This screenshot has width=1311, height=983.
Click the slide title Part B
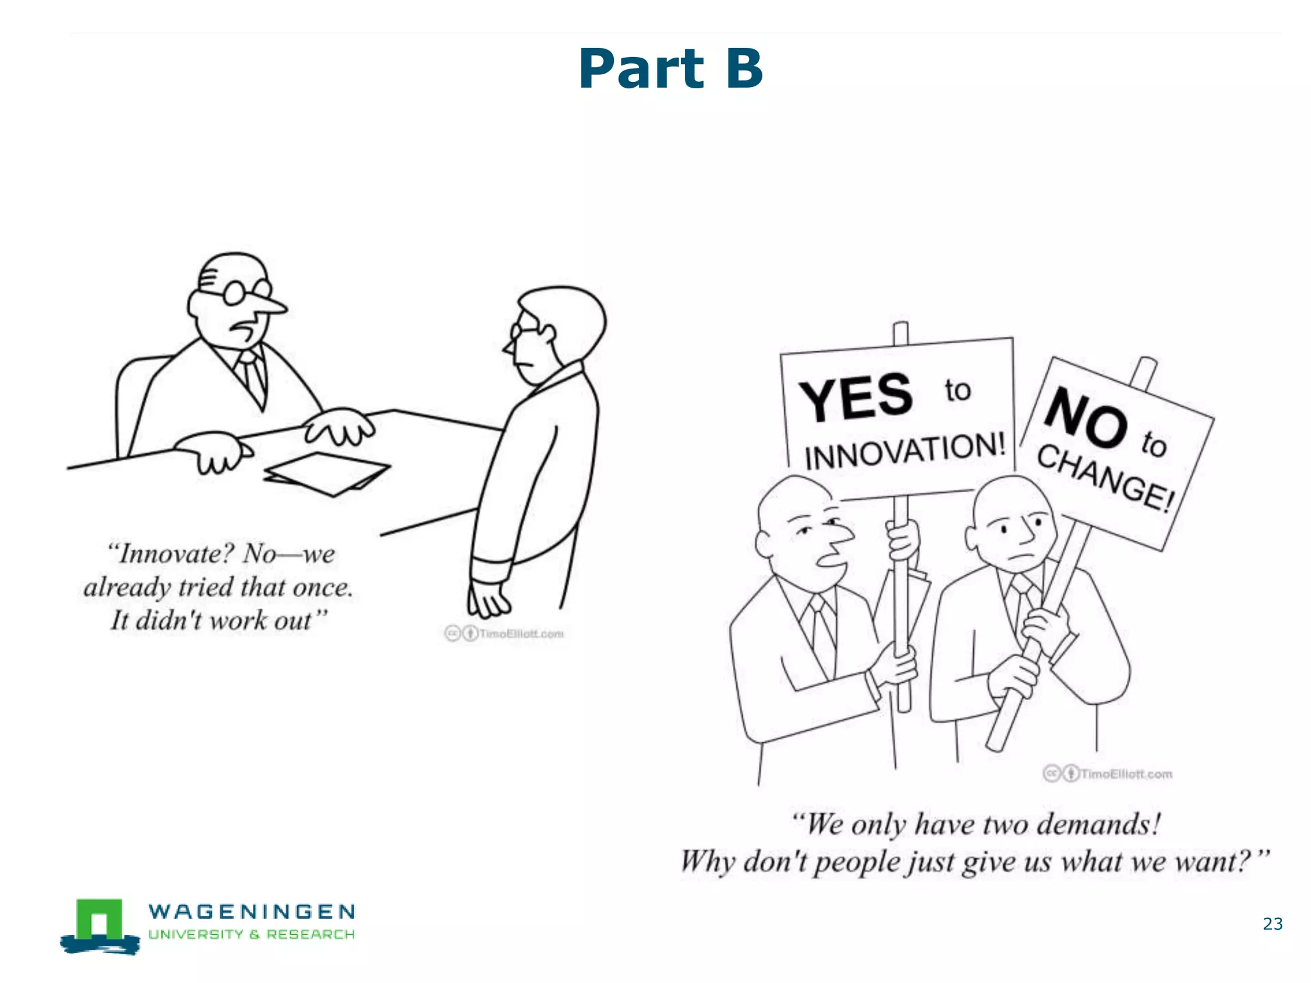tap(670, 68)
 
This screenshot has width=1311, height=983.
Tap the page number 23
tap(1273, 923)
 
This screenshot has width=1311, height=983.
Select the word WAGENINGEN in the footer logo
tap(252, 911)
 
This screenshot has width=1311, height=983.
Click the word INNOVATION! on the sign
tap(905, 451)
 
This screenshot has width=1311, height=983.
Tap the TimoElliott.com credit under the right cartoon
tap(1125, 774)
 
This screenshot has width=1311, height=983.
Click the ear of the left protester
tap(764, 543)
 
